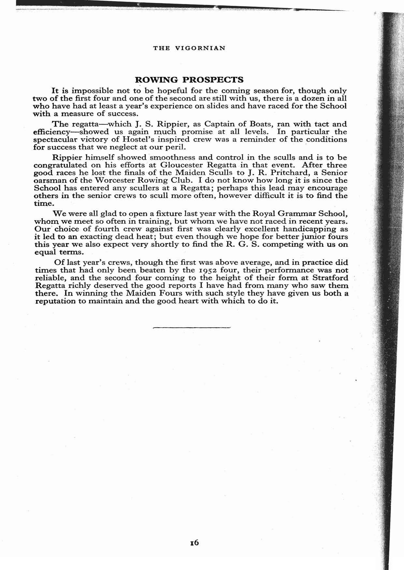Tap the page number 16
(195, 542)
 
